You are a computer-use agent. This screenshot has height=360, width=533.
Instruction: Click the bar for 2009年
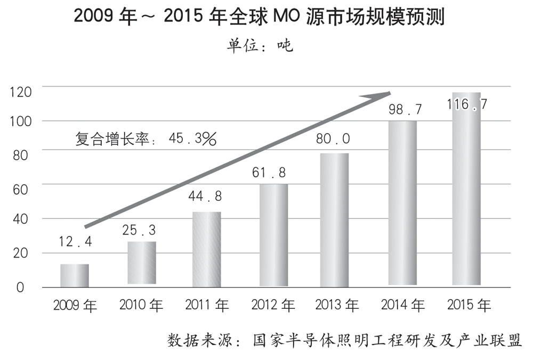point(74,275)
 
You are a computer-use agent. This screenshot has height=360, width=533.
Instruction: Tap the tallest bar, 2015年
point(466,189)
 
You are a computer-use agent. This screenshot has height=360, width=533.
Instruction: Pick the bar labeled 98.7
point(402,202)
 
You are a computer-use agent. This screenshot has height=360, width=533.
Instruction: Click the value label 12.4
point(76,243)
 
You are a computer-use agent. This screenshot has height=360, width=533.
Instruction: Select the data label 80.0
point(334,139)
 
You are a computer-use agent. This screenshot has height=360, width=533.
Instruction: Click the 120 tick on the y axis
point(21,92)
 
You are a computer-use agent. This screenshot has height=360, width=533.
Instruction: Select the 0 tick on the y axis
point(20,287)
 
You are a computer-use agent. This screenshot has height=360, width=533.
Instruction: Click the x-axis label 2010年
point(141,306)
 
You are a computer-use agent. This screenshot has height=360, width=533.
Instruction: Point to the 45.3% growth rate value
point(192,139)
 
